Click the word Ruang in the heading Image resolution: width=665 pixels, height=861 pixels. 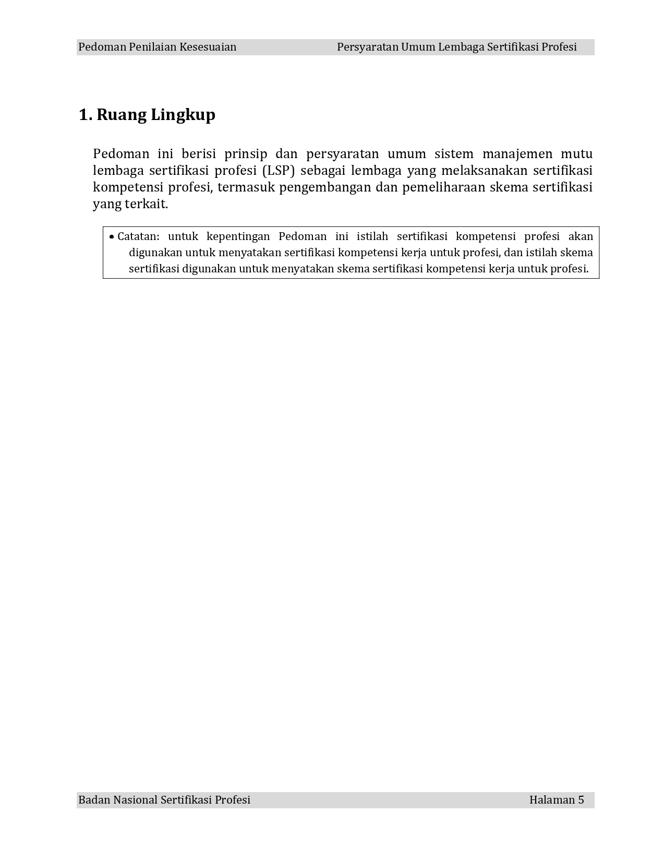(122, 115)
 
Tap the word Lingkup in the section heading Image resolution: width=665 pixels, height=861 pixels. (183, 115)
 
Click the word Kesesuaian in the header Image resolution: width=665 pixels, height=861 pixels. (208, 47)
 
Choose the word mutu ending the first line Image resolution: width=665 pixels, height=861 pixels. (576, 154)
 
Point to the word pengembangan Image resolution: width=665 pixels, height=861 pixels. (323, 187)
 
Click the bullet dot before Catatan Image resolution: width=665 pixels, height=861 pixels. (112, 237)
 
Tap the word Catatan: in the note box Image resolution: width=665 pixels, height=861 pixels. (138, 236)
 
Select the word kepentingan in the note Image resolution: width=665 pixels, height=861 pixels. (238, 236)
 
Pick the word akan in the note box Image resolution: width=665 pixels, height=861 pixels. (581, 236)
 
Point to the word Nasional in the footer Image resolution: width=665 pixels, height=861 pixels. (136, 800)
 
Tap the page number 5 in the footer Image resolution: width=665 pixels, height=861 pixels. (581, 800)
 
